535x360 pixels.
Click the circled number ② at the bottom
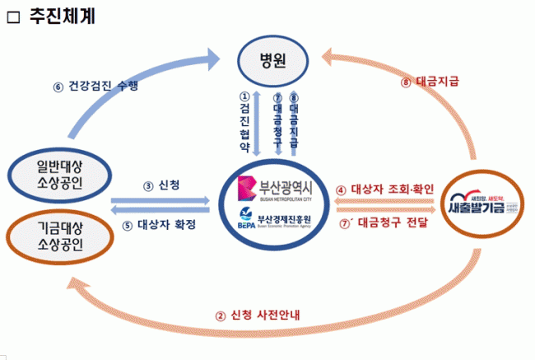(x=220, y=316)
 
